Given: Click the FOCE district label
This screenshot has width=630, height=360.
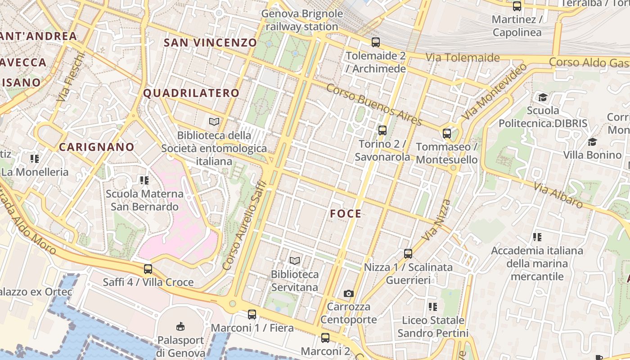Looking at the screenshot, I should [x=346, y=214].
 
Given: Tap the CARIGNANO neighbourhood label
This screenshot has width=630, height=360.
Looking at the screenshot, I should [x=97, y=147].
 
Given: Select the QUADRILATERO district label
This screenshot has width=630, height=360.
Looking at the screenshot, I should [x=191, y=94].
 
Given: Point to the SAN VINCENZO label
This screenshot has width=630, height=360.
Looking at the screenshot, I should [x=210, y=43].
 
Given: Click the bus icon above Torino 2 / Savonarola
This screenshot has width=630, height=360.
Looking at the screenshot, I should [x=382, y=130].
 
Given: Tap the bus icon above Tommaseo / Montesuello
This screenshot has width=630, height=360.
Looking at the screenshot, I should [x=447, y=134].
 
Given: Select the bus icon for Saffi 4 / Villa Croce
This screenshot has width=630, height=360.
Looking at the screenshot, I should [x=148, y=269].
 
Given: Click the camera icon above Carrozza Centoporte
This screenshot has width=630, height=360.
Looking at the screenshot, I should [x=348, y=294].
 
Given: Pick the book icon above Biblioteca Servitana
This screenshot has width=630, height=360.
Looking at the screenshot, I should [x=295, y=261].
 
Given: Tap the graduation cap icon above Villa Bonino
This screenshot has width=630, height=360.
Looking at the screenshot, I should [x=592, y=142].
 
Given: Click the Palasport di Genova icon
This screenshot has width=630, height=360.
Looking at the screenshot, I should [x=180, y=326].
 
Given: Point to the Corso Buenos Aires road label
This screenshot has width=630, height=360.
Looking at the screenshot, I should [x=374, y=105].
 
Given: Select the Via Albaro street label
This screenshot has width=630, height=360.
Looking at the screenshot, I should [x=558, y=195].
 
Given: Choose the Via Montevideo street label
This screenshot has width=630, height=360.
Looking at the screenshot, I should [x=495, y=91].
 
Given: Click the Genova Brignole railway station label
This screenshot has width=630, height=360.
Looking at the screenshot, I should [x=302, y=20].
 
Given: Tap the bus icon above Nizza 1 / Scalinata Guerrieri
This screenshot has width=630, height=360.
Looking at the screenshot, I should [x=408, y=254].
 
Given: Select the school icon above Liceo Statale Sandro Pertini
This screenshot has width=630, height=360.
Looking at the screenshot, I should [x=433, y=307].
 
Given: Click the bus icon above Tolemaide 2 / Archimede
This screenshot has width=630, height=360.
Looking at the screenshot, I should [x=376, y=42].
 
